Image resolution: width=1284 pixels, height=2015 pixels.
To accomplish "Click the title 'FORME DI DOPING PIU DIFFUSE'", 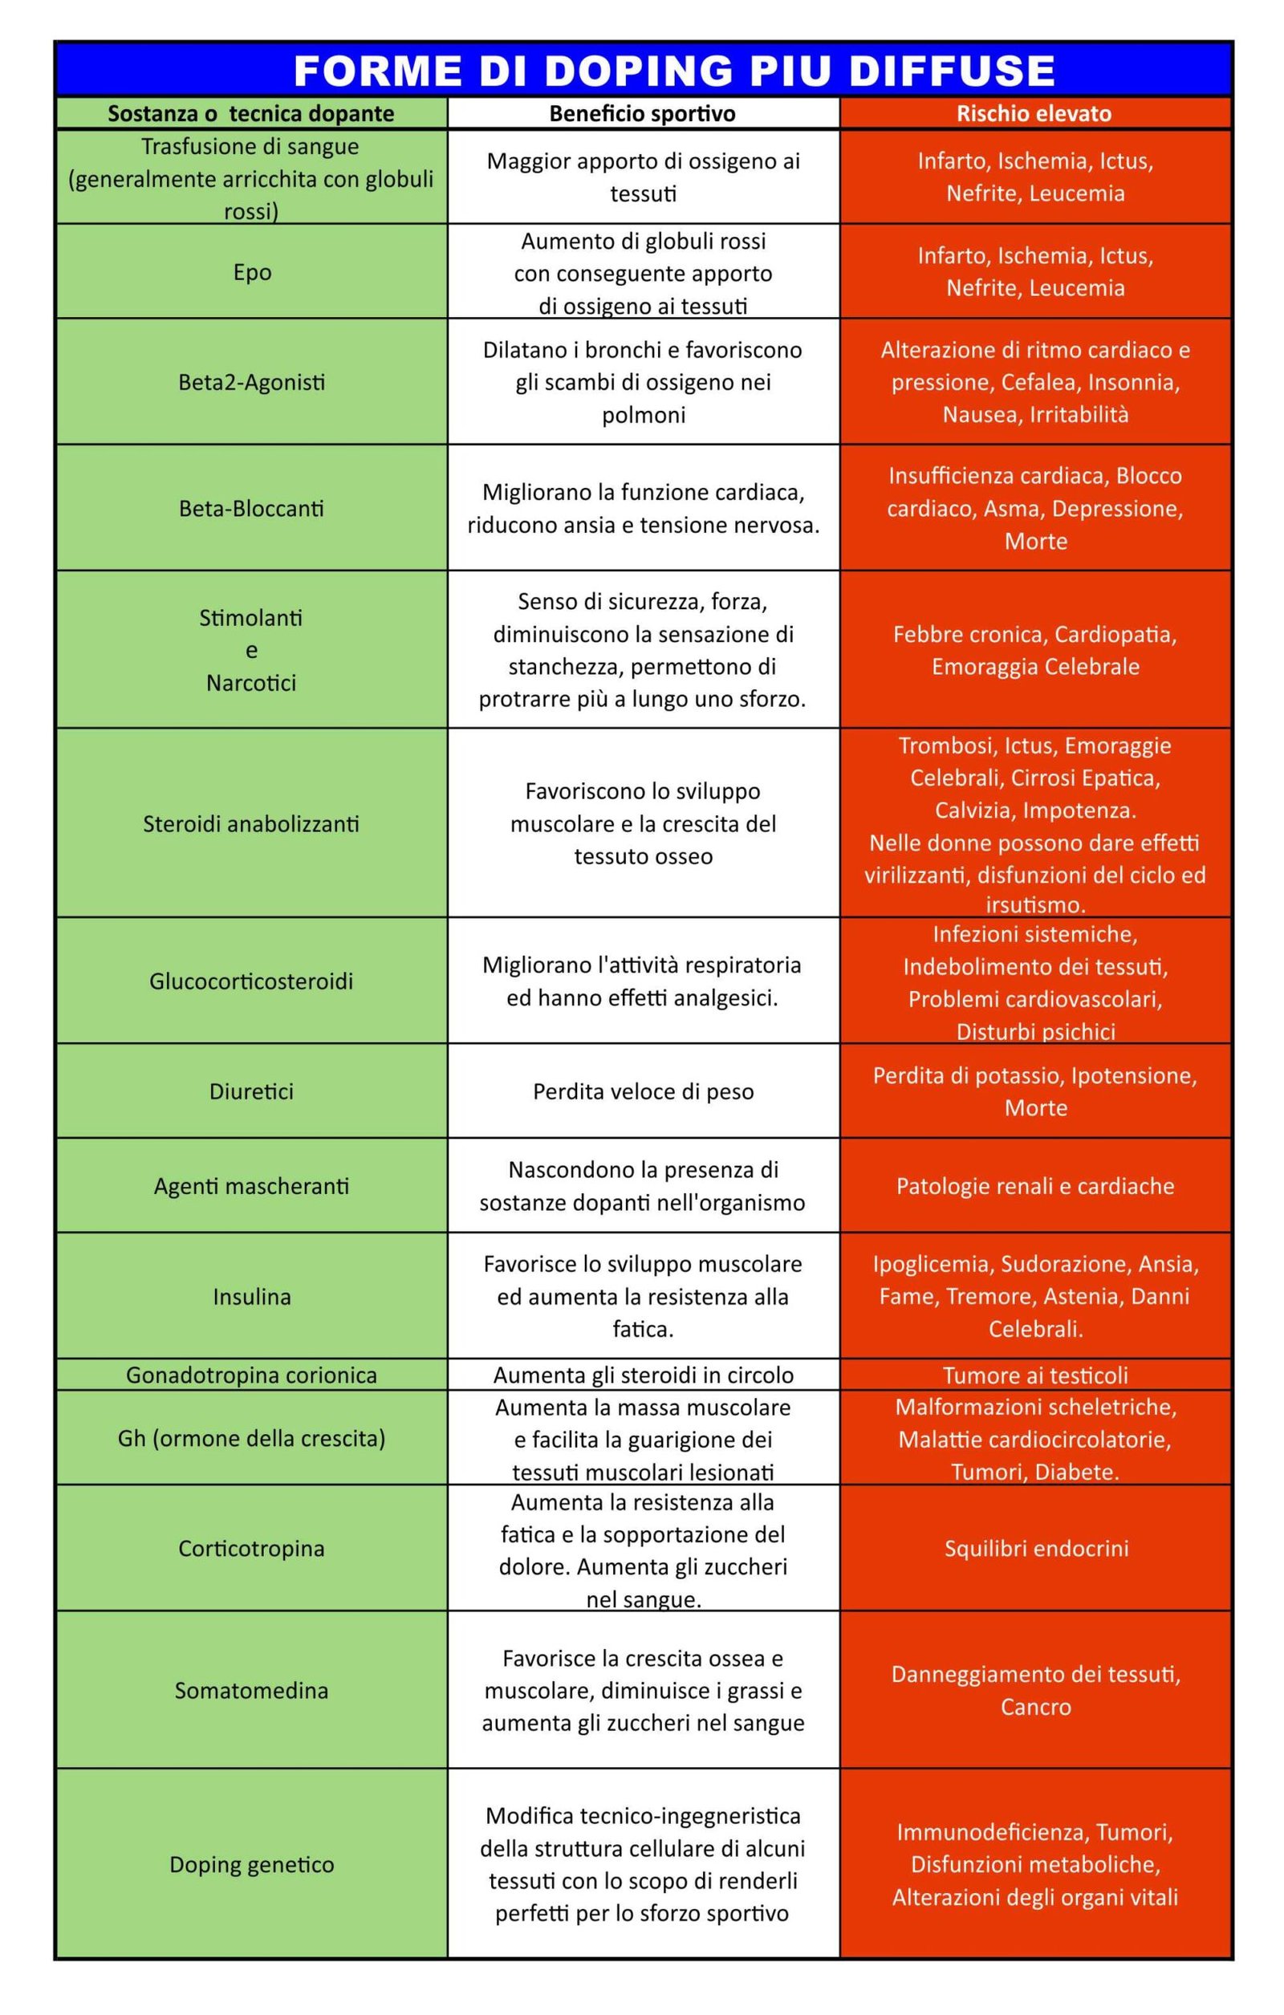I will tap(674, 71).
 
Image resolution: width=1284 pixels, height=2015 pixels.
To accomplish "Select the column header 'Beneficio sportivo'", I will tap(642, 114).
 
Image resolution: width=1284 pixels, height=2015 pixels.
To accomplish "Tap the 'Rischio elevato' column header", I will tap(1034, 114).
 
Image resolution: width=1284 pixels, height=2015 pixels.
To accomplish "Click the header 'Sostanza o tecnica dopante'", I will tap(251, 114).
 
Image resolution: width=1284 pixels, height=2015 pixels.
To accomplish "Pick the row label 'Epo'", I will tap(252, 273).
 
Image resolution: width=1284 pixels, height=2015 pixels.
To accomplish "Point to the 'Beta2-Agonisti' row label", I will tap(251, 383).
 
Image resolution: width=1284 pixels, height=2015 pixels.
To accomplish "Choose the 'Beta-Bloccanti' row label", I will tap(251, 509).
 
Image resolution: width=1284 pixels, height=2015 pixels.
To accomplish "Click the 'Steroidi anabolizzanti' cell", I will tap(251, 824).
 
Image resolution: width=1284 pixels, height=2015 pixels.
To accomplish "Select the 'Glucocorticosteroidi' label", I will tap(251, 981).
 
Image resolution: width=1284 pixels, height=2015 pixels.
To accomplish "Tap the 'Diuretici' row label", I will tap(251, 1091).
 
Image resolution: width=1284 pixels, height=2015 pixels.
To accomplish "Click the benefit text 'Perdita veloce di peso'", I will tap(643, 1091).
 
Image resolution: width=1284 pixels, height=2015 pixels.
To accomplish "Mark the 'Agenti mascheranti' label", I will tap(251, 1186).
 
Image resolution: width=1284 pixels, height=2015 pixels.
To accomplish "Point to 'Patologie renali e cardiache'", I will tap(1034, 1186).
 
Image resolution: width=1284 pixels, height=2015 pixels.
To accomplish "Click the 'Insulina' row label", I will tap(251, 1296).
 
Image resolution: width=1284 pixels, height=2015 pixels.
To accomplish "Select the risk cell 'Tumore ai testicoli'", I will tap(1034, 1375).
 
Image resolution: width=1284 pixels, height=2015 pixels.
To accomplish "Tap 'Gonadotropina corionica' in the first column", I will tap(251, 1375).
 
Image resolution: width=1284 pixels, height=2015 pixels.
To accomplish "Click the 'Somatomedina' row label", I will tap(251, 1690).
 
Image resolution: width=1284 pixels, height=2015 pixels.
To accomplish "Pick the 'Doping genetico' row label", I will tap(251, 1864).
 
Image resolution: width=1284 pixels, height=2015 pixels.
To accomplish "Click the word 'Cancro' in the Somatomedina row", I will tap(1035, 1707).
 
